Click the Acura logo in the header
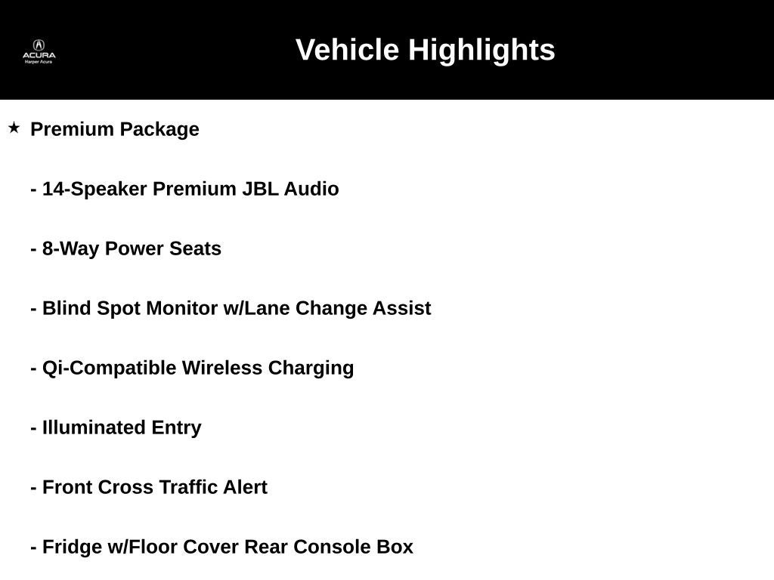click(39, 51)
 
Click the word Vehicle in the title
click(347, 50)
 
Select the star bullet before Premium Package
click(14, 128)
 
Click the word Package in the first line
click(159, 130)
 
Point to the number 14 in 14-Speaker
click(54, 189)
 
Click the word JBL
click(260, 189)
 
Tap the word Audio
click(311, 189)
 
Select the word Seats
click(196, 248)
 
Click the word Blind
click(67, 308)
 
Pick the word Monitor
click(182, 308)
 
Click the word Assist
click(402, 308)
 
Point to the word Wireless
click(222, 368)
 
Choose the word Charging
click(311, 369)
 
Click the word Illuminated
click(94, 427)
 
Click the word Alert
click(245, 487)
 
